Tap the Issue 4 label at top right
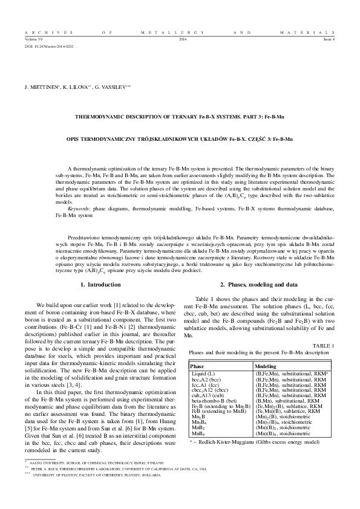[x=329, y=39]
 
